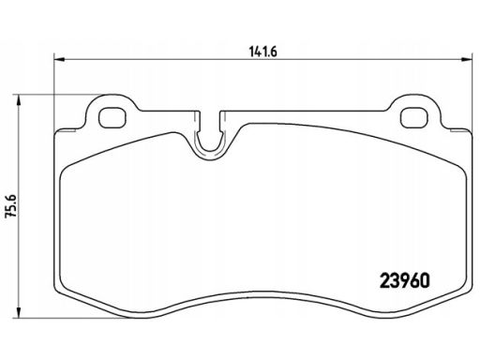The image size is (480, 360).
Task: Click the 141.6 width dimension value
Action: [263, 52]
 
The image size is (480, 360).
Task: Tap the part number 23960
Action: [405, 280]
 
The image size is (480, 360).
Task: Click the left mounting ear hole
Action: [112, 117]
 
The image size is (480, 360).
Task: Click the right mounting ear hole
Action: [413, 117]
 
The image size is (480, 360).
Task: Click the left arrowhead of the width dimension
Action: [59, 59]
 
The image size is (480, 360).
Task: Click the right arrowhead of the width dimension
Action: [466, 59]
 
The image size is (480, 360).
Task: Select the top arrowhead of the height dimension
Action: [19, 100]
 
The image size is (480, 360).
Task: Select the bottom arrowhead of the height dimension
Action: [19, 313]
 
